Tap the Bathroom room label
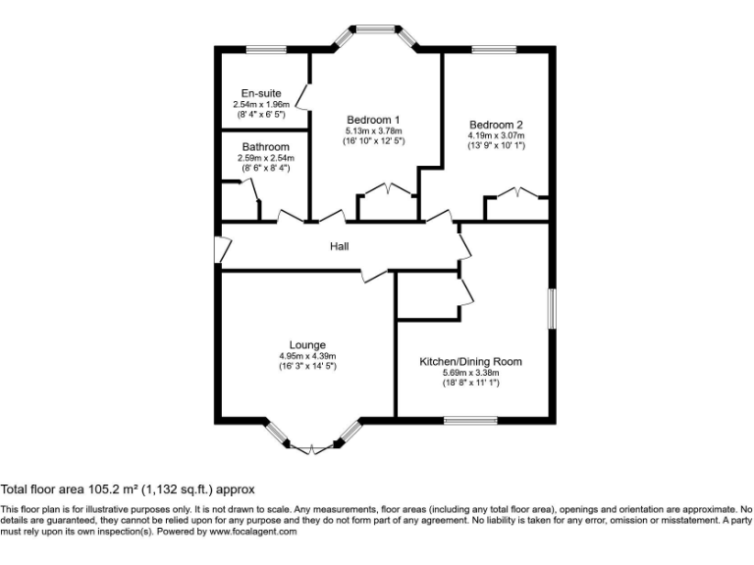click(265, 147)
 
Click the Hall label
click(339, 246)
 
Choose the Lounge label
click(307, 344)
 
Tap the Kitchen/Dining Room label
click(470, 361)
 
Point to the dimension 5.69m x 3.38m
click(470, 373)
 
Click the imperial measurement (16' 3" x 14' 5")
click(307, 366)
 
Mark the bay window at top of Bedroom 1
click(376, 31)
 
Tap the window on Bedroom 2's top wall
click(493, 49)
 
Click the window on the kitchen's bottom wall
click(470, 422)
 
